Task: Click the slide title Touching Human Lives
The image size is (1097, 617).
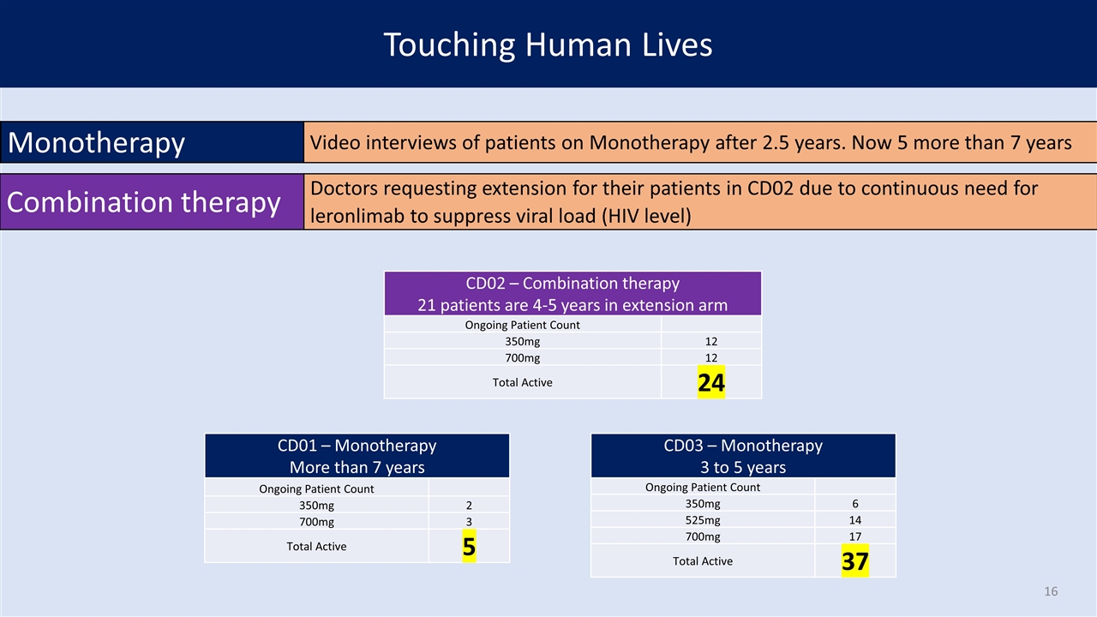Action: click(548, 45)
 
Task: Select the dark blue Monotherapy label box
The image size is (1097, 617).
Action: click(152, 142)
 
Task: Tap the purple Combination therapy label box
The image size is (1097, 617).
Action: click(152, 201)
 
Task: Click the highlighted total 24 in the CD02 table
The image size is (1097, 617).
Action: click(711, 382)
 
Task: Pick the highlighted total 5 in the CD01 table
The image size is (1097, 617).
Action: click(469, 546)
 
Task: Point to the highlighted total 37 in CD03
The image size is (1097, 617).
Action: click(855, 560)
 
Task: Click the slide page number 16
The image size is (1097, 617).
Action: click(1051, 591)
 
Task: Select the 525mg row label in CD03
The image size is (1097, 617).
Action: click(702, 520)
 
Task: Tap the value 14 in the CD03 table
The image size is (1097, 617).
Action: click(855, 520)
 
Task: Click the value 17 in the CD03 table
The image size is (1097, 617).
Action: click(855, 536)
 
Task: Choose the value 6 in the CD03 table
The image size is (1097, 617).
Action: click(855, 503)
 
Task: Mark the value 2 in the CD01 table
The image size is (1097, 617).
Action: click(469, 506)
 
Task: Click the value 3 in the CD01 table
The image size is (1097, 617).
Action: click(469, 522)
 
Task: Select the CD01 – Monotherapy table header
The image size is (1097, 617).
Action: click(357, 455)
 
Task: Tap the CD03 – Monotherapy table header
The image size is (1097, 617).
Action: click(743, 455)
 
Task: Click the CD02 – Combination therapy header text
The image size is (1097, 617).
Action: click(572, 283)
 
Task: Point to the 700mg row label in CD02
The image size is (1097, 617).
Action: click(522, 358)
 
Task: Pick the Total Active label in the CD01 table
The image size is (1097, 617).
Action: click(316, 547)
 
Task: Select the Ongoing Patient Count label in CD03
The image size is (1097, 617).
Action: click(702, 488)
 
